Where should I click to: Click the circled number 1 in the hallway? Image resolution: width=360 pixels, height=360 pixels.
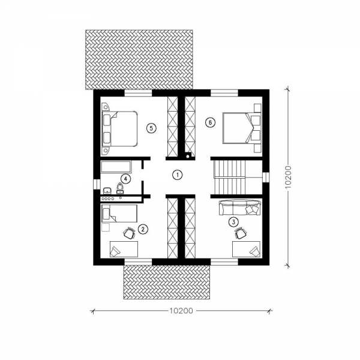177,175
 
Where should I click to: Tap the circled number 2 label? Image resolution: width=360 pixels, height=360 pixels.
143,229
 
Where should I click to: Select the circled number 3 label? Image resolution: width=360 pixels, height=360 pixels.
233,222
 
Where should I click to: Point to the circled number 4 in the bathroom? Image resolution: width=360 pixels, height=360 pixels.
125,179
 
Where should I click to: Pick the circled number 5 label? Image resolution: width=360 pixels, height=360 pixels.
151,128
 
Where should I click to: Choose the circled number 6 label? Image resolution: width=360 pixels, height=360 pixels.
210,122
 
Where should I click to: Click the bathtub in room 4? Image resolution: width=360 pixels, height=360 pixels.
116,167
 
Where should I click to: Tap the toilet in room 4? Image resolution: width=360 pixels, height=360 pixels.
119,188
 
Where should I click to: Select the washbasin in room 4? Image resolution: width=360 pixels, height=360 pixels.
107,190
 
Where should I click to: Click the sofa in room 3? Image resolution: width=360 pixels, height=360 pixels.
239,208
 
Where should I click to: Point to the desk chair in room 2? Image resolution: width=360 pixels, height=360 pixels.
129,233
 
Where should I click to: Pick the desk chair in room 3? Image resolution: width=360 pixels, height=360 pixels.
240,233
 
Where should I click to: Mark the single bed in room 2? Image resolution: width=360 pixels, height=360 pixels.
119,214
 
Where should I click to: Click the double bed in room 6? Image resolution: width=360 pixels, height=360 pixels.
242,128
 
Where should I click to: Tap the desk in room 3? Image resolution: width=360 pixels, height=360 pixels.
246,249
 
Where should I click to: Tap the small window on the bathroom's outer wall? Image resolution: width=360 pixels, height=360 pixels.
97,184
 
